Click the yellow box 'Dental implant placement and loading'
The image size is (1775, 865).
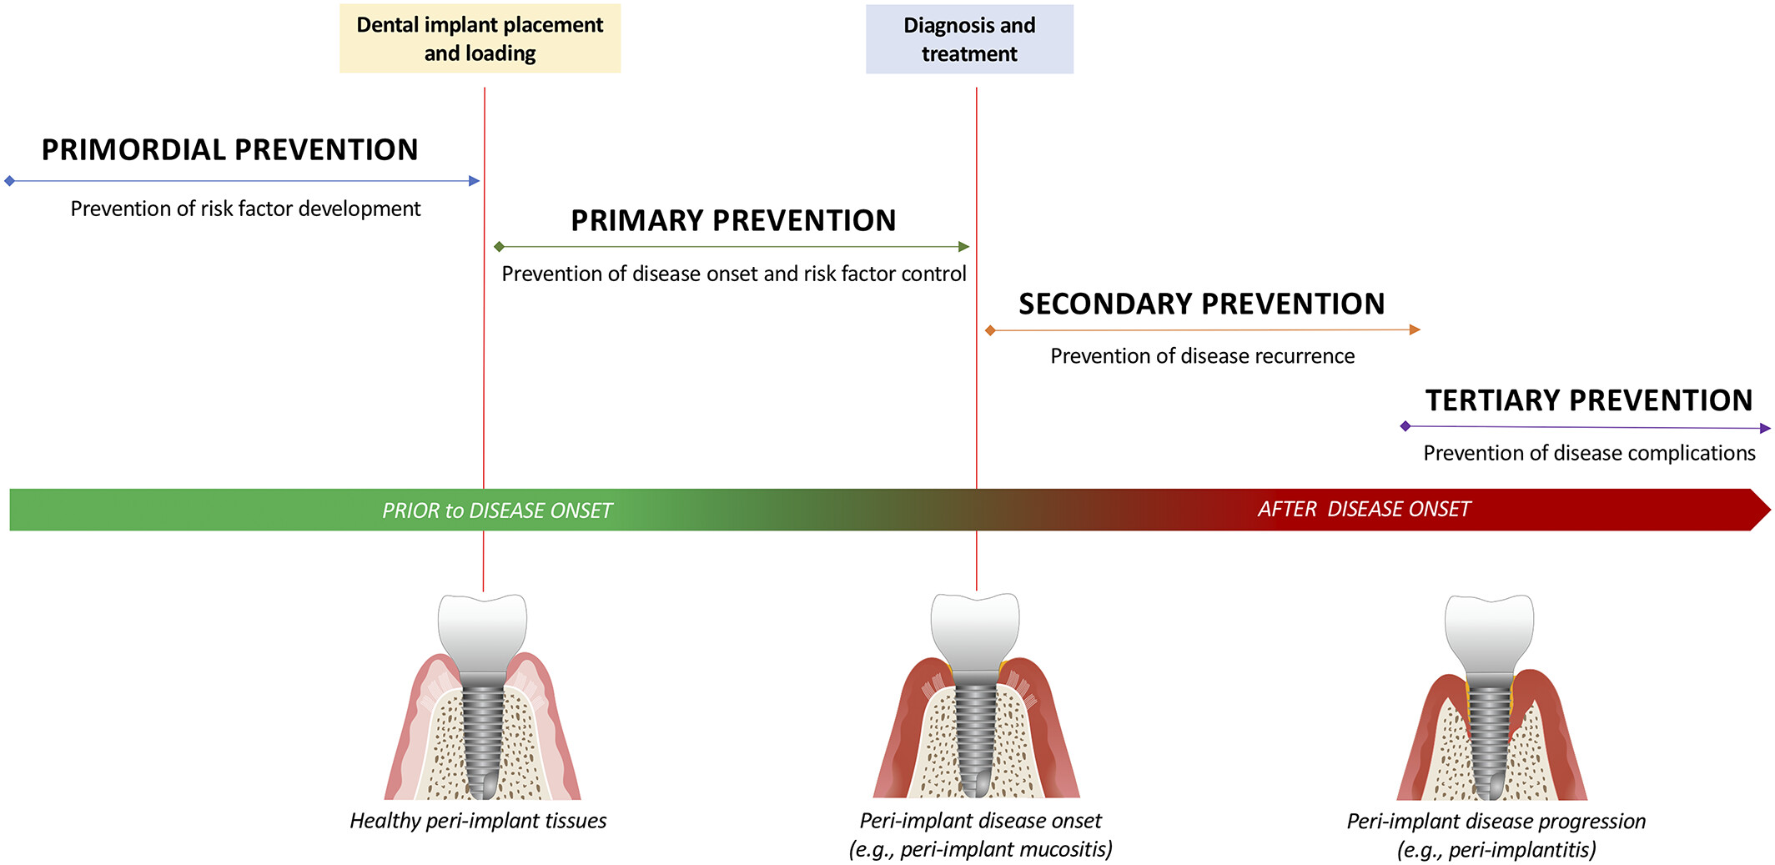click(480, 38)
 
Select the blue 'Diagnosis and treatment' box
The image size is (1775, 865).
click(969, 39)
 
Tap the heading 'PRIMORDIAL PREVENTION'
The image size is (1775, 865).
click(230, 150)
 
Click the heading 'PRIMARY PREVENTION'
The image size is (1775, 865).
click(733, 221)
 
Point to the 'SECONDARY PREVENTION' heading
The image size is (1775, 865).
click(1202, 304)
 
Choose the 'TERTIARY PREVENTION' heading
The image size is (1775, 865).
click(1589, 400)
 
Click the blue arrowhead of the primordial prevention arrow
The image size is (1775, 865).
click(475, 181)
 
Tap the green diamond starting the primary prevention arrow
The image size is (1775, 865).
click(499, 247)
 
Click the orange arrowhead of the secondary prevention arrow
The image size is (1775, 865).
click(1415, 329)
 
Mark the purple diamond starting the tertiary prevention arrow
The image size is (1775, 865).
click(1405, 426)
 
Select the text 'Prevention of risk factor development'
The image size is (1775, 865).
click(245, 209)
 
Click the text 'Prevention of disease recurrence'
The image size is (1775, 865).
click(1202, 356)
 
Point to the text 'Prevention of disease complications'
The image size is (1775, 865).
click(1589, 453)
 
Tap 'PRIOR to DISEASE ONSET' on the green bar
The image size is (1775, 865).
click(497, 510)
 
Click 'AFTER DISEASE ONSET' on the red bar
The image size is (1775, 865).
click(1364, 509)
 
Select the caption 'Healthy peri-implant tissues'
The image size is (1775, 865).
click(478, 821)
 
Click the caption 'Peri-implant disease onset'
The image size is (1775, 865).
click(981, 821)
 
